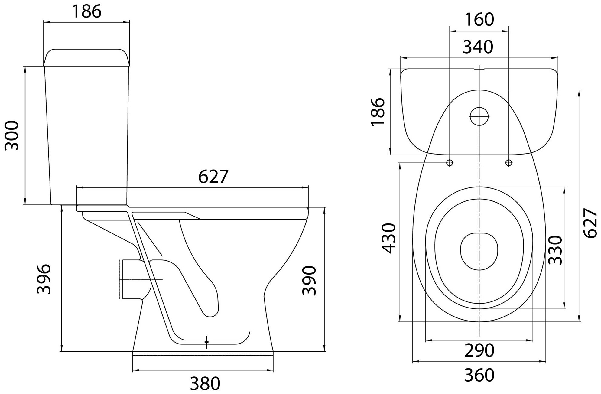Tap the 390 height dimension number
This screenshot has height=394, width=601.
(x=309, y=281)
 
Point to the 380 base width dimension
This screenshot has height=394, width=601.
(x=205, y=383)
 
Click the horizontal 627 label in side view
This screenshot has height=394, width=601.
(x=213, y=177)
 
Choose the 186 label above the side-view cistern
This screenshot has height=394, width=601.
(x=87, y=11)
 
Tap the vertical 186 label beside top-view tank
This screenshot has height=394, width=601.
(x=378, y=111)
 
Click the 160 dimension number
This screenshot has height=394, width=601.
(x=479, y=20)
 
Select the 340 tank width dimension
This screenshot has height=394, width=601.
(x=478, y=47)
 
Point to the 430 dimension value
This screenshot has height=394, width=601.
(x=388, y=238)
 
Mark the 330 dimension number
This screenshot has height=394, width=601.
(x=555, y=250)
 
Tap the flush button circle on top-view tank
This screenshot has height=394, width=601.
(x=479, y=116)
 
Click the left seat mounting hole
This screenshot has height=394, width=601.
(x=450, y=163)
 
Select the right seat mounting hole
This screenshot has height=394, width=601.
(x=508, y=163)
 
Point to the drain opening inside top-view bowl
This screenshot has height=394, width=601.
(x=479, y=251)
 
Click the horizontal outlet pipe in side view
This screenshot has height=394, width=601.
(x=133, y=279)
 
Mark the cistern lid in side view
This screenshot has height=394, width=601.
(x=87, y=57)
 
